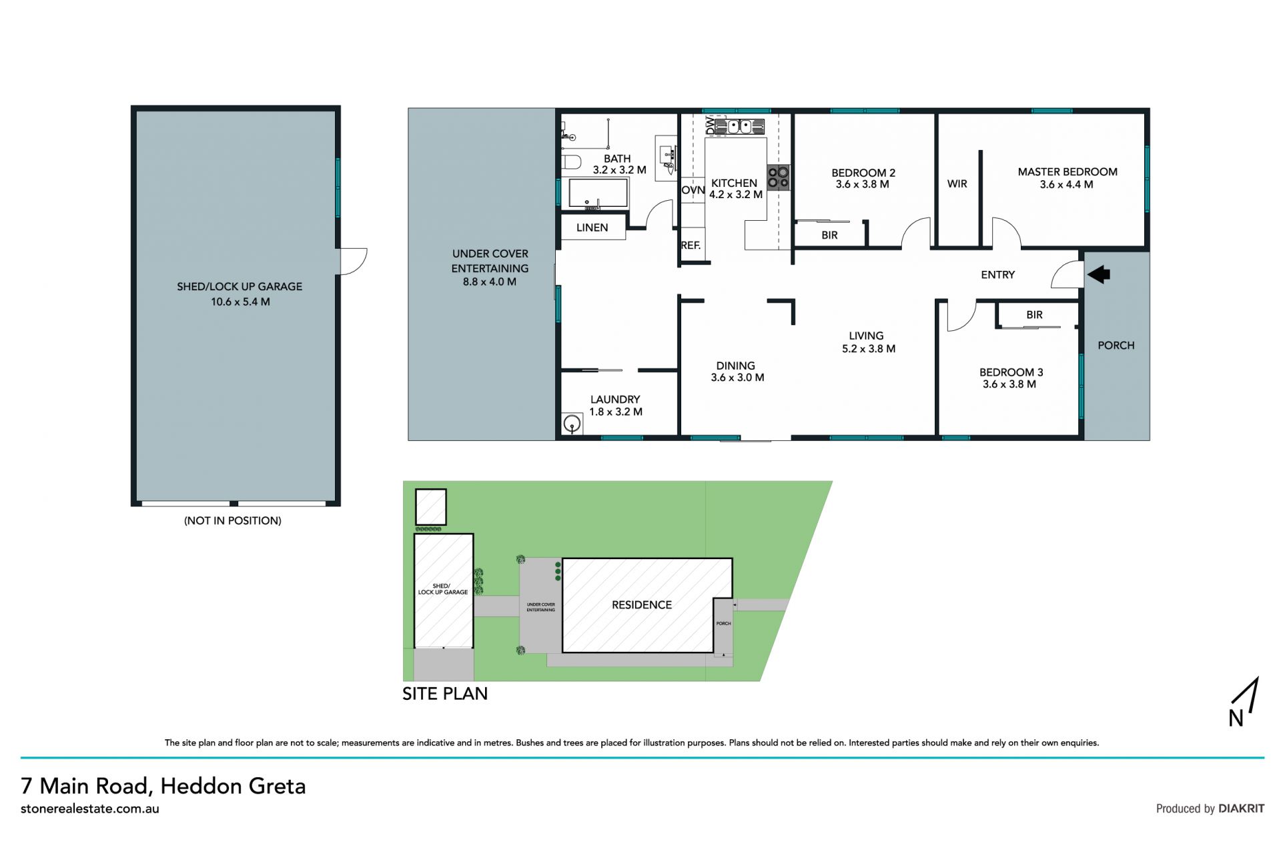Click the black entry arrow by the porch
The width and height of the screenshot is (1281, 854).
pyautogui.click(x=1098, y=274)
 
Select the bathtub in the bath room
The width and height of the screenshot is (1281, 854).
pyautogui.click(x=598, y=193)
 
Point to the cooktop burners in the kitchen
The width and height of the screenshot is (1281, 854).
pyautogui.click(x=778, y=177)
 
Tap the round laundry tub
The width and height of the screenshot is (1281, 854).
pyautogui.click(x=571, y=424)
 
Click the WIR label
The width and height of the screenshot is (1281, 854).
pyautogui.click(x=957, y=183)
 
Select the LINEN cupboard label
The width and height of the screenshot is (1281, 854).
pyautogui.click(x=592, y=228)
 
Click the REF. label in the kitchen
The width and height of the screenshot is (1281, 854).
pyautogui.click(x=691, y=245)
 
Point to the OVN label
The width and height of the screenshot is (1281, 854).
pyautogui.click(x=693, y=190)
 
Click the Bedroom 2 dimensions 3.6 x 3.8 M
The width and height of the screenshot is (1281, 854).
pyautogui.click(x=862, y=184)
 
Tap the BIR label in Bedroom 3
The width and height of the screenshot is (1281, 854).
pyautogui.click(x=1034, y=314)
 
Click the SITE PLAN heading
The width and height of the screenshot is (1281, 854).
pyautogui.click(x=445, y=694)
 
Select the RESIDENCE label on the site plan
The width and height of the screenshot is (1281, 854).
pyautogui.click(x=642, y=604)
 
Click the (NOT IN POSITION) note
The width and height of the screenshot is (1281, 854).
pyautogui.click(x=233, y=520)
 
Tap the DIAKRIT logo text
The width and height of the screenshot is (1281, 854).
pyautogui.click(x=1241, y=808)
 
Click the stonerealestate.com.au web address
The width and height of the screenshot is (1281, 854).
pyautogui.click(x=90, y=809)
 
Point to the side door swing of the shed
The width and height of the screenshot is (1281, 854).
pyautogui.click(x=354, y=261)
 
